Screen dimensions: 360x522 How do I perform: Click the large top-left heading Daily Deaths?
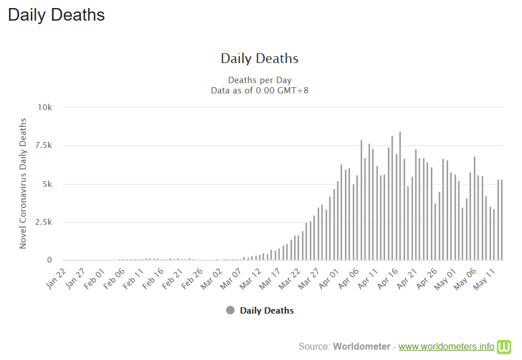(56, 15)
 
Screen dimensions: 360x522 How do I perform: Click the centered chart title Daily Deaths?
(260, 58)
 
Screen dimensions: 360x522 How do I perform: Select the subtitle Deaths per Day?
(260, 80)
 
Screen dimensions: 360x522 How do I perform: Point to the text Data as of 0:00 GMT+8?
(260, 90)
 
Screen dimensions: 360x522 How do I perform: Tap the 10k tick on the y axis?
(45, 107)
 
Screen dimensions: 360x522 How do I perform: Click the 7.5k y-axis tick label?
(44, 146)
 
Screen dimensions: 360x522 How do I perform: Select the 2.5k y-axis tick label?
(44, 222)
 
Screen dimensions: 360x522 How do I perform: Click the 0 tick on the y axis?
(50, 260)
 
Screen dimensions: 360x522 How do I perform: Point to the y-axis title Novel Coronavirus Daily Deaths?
(23, 183)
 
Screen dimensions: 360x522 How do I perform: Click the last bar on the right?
(502, 221)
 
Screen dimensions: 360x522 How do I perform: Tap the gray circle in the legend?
(230, 310)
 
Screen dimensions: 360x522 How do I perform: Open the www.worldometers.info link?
(446, 346)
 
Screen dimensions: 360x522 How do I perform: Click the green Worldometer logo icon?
(504, 346)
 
